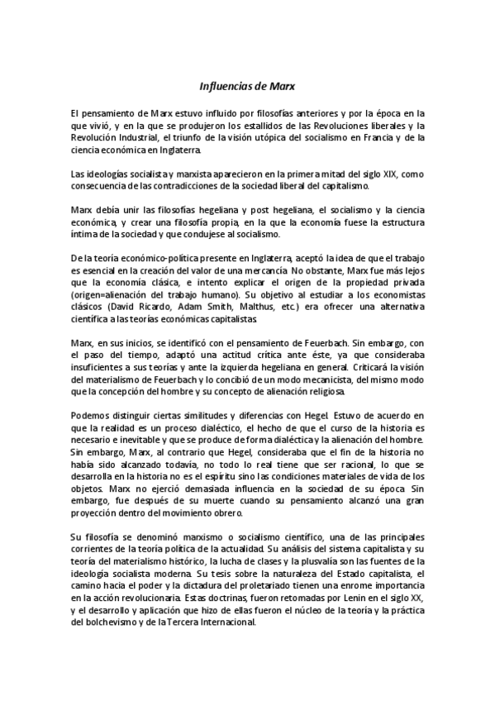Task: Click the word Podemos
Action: point(92,415)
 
